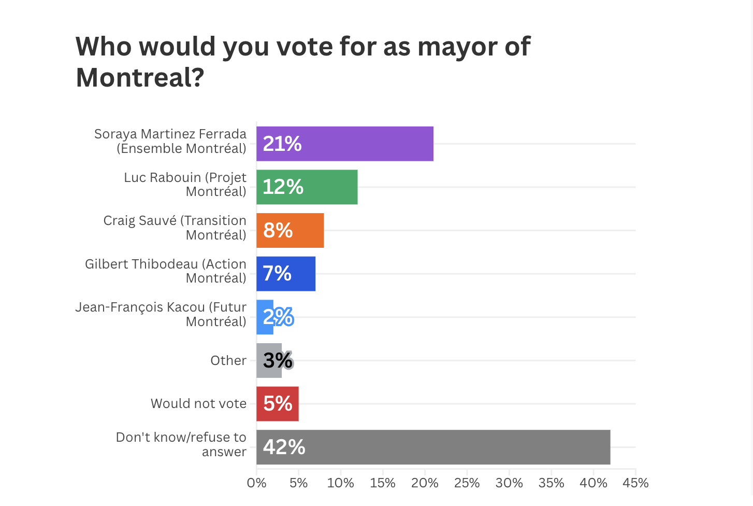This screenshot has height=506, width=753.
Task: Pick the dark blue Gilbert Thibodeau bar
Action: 300,274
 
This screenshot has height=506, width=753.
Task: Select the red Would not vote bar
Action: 278,404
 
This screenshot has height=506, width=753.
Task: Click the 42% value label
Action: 284,447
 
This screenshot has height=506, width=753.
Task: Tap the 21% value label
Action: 282,144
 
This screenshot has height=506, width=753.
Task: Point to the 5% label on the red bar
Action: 278,404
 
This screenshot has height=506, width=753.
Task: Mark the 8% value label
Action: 278,230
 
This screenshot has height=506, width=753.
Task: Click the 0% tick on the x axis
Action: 256,483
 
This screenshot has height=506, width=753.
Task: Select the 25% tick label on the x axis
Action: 467,483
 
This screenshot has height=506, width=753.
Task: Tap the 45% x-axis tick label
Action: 635,483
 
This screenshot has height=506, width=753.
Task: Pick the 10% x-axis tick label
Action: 340,483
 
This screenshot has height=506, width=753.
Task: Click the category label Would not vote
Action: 198,403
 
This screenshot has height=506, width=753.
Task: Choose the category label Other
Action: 228,360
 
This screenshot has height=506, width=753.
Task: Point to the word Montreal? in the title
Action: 140,78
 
